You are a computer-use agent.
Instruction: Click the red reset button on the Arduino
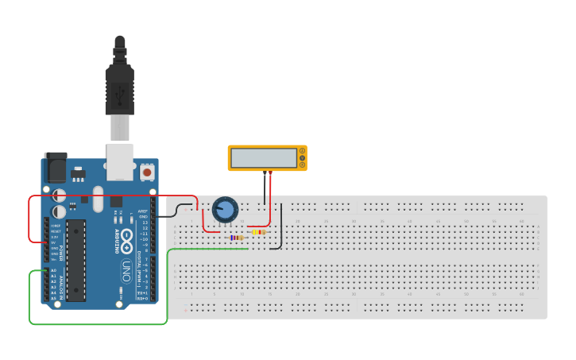(x=147, y=172)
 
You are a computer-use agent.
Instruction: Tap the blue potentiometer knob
(x=226, y=210)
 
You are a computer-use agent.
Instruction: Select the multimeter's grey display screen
(x=263, y=158)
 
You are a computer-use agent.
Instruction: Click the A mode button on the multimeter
(x=302, y=151)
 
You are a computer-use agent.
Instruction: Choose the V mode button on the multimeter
(x=302, y=158)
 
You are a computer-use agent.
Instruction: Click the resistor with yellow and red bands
(x=258, y=232)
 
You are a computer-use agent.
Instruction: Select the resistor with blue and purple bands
(x=236, y=238)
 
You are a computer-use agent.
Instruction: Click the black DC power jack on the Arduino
(x=56, y=168)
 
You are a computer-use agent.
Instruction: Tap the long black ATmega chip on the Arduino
(x=75, y=260)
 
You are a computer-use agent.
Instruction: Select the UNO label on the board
(x=126, y=270)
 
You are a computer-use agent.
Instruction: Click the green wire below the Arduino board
(x=95, y=323)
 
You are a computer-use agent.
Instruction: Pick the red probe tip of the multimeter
(x=270, y=172)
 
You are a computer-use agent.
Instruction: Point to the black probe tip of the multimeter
(x=265, y=172)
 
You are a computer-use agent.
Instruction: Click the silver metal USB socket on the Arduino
(x=120, y=161)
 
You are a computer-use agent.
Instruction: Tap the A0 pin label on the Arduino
(x=54, y=271)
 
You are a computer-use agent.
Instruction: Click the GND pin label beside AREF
(x=144, y=216)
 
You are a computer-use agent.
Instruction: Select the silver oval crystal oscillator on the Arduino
(x=98, y=199)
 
